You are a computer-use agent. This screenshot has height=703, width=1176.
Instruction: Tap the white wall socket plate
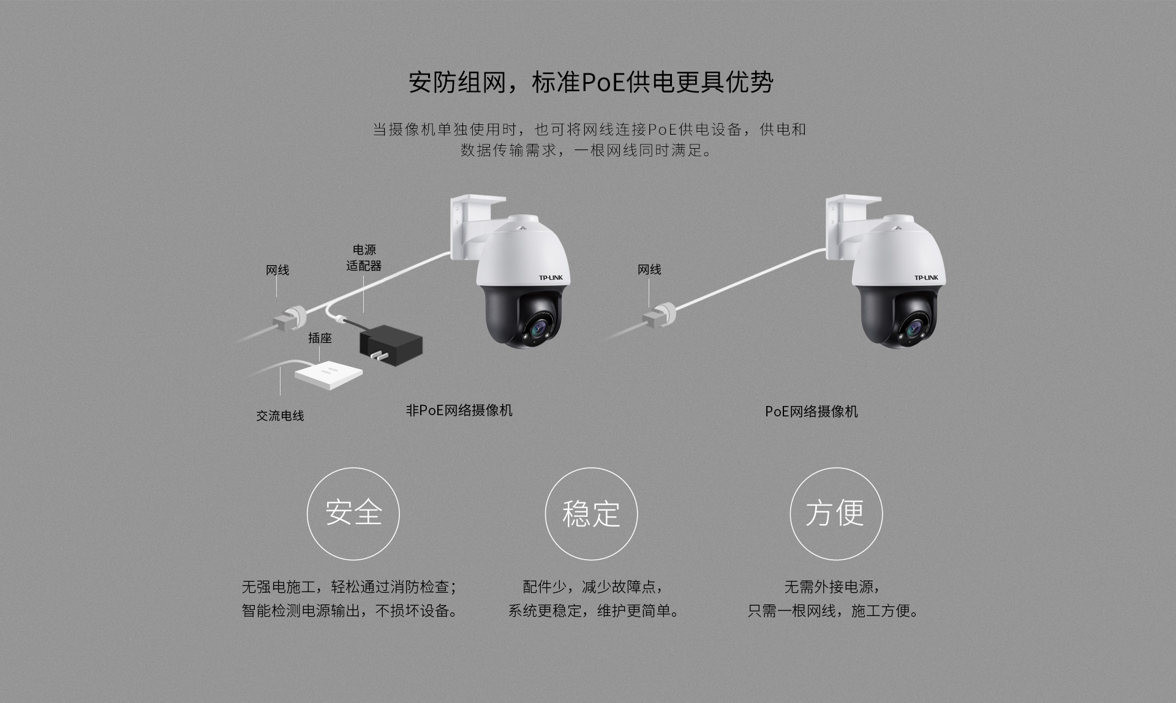[x=328, y=374]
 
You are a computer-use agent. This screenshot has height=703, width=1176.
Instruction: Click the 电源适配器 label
[x=364, y=258]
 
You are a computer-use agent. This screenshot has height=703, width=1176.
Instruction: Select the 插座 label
[x=320, y=338]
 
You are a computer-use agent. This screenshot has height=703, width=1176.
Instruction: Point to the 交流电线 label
[x=280, y=416]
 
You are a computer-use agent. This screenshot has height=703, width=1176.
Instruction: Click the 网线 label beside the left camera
[x=277, y=270]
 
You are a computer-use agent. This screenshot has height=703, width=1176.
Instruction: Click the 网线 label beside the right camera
[x=649, y=269]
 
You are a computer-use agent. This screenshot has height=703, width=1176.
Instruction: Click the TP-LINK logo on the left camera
[x=550, y=278]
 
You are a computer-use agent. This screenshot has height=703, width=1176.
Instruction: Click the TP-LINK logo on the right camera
[x=925, y=278]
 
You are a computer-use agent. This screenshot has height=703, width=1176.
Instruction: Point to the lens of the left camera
[x=540, y=329]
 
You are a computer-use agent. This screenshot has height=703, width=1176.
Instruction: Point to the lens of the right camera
[x=914, y=329]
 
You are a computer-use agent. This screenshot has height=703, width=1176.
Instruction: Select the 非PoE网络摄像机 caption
[x=459, y=410]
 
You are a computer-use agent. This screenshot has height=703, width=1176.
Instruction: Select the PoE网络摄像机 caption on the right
[x=811, y=412]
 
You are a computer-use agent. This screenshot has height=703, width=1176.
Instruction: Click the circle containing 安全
[x=353, y=513]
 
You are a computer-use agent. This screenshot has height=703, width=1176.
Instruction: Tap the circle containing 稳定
[x=591, y=513]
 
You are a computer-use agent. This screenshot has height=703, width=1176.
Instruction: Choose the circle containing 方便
[x=835, y=513]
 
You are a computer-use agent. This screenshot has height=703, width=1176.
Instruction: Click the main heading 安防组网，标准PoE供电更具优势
[x=590, y=82]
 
